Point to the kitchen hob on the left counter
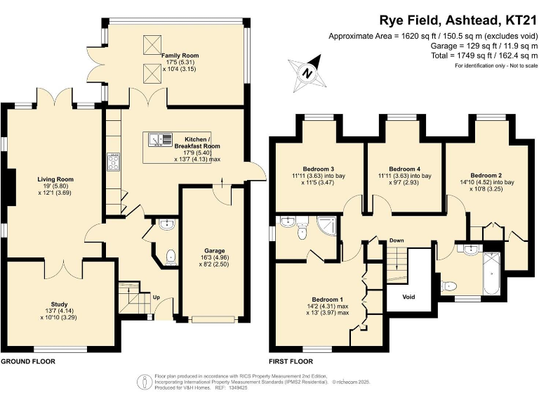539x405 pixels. coord(113,162)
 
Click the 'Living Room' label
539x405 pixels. coord(55,179)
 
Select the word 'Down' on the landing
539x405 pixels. coord(397,240)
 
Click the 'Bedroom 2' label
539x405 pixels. coord(486,175)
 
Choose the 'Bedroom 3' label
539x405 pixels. coord(318,169)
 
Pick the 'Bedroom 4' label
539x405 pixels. coord(404,169)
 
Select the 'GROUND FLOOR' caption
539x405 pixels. coord(28,361)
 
